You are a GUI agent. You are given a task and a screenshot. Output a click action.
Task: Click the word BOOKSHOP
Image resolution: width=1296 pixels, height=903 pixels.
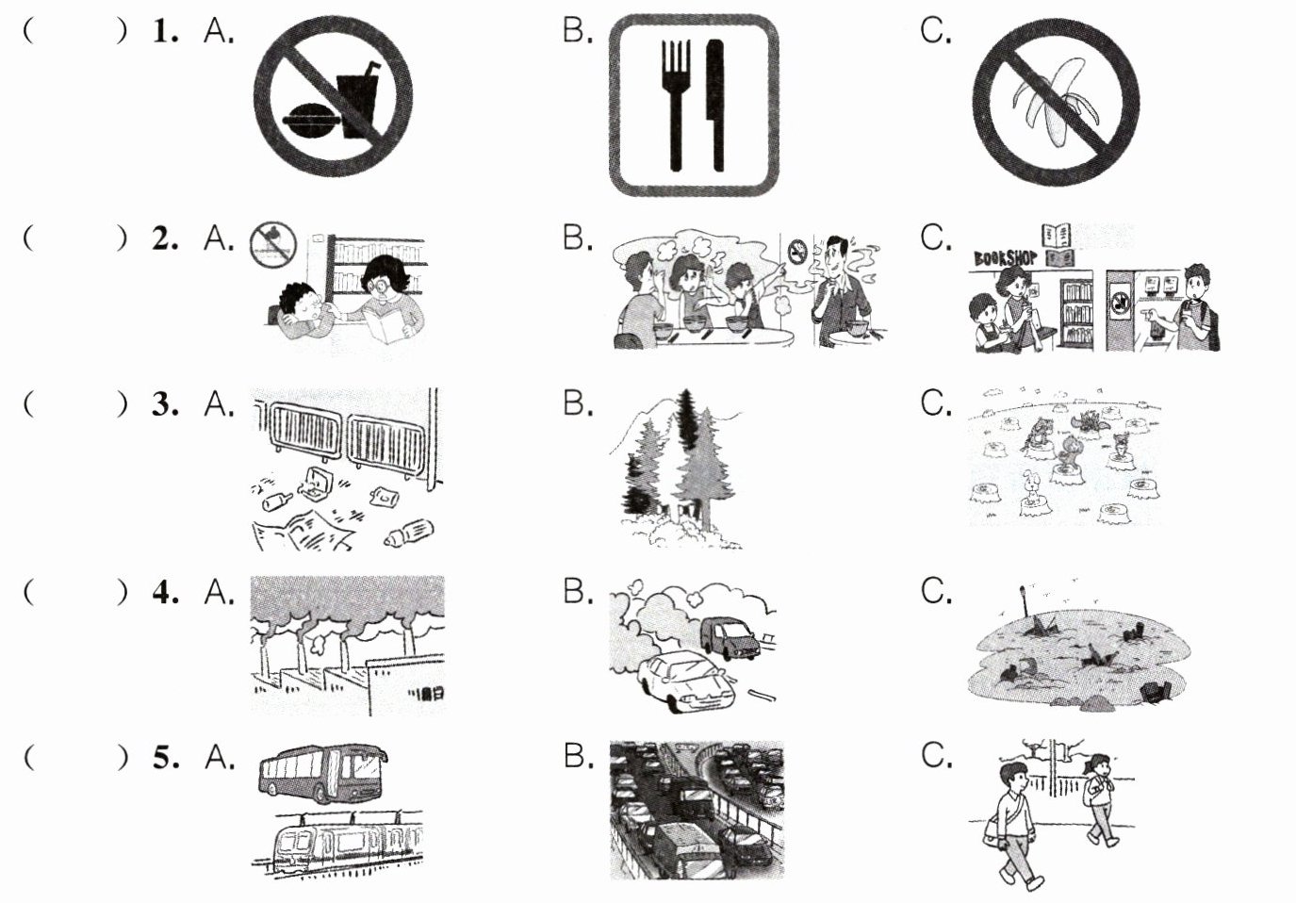(1006, 258)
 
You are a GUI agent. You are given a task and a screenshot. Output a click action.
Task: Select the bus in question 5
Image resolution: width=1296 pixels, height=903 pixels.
(323, 774)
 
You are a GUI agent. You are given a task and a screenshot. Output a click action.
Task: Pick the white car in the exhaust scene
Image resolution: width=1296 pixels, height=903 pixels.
(682, 681)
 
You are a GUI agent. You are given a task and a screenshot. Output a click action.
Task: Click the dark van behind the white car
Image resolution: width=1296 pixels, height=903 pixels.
(730, 638)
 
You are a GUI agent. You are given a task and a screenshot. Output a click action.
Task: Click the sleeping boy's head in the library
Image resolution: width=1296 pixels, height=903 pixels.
(300, 302)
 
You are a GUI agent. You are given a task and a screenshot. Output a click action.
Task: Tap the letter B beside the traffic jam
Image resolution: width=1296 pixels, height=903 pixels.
(578, 756)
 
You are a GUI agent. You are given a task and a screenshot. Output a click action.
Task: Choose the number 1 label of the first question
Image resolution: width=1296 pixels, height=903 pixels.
(166, 31)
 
